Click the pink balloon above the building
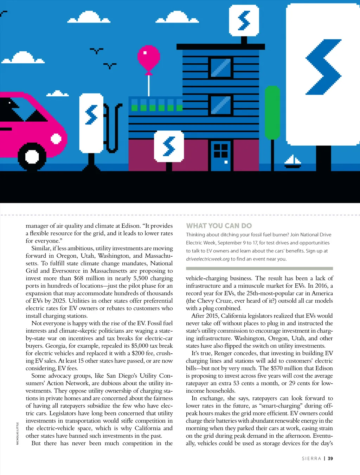148,58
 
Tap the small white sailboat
292,161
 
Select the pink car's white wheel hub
32,156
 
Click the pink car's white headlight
56,139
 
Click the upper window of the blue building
220,67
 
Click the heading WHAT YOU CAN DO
219,226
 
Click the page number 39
330,458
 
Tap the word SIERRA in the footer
311,458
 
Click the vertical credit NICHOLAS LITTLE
18,434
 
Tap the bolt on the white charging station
91,115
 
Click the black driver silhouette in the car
10,109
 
